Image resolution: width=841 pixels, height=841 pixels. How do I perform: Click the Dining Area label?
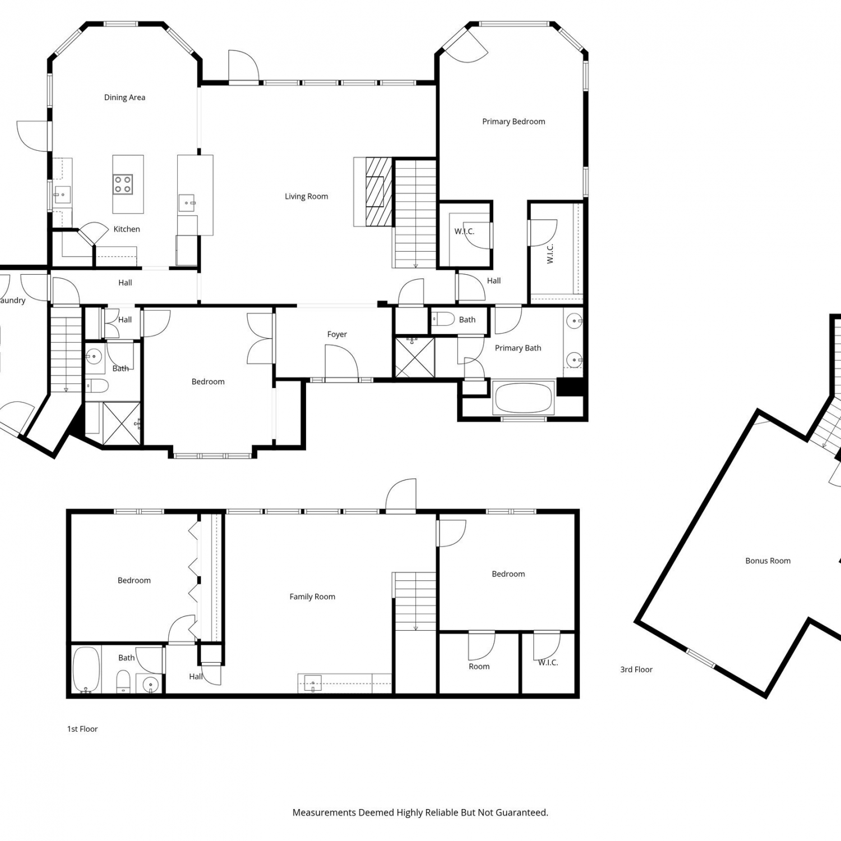pos(124,98)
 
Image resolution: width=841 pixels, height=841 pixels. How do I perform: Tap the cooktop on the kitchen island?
pos(123,184)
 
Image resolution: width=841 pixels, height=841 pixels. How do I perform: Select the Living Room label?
pos(306,196)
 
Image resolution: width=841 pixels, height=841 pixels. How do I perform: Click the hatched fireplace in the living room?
pos(378,192)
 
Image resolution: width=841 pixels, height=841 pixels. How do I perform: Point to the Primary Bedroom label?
pos(514,122)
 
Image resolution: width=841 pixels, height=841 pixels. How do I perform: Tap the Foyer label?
pos(337,334)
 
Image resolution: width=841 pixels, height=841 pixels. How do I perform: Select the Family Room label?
pos(312,597)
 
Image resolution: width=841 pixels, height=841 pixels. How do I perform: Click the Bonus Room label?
pos(768,561)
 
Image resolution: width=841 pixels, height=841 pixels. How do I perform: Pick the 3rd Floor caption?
pos(636,669)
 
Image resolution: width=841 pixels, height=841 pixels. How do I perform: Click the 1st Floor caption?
pos(82,729)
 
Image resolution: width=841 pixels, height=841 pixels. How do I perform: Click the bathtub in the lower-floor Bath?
pos(86,669)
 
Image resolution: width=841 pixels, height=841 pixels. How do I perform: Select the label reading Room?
pos(479,667)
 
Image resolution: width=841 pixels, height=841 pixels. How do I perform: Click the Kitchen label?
pos(127,229)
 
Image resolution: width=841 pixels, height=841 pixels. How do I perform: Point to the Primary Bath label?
pos(518,348)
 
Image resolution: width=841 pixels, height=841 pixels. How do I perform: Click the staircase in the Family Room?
pos(415,601)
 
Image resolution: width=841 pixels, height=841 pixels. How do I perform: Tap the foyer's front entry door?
pos(341,364)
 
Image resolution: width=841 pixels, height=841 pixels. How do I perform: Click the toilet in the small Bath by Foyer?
pos(443,320)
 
